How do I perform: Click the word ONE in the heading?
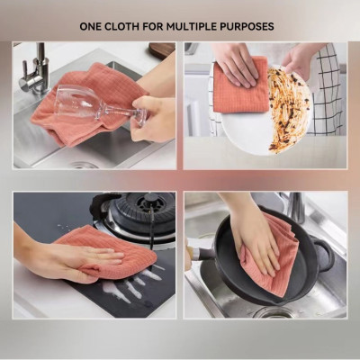[x=93, y=27]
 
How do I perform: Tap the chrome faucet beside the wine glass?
[x=34, y=67]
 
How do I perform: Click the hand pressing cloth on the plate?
[x=236, y=63]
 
